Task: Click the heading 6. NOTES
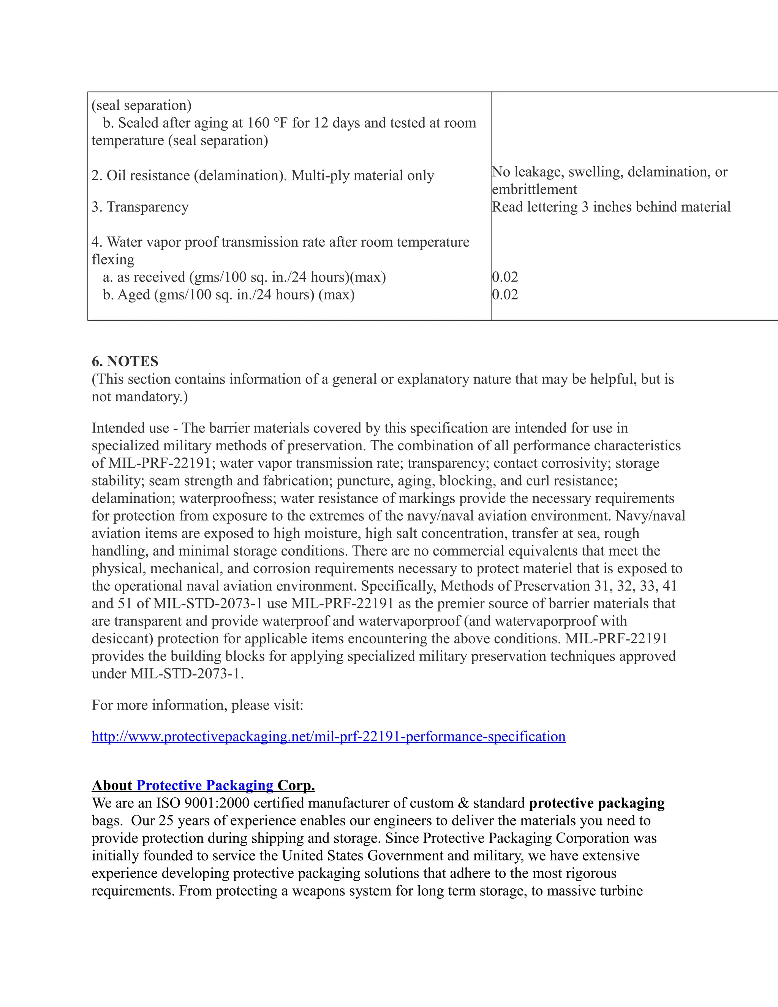pyautogui.click(x=125, y=361)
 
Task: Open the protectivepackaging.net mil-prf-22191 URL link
pyautogui.click(x=328, y=736)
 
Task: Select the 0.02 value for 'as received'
pyautogui.click(x=505, y=277)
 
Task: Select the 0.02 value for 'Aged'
pyautogui.click(x=505, y=294)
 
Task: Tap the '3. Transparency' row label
pyautogui.click(x=140, y=207)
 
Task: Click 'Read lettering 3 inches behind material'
pyautogui.click(x=611, y=207)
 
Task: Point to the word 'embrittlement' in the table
pyautogui.click(x=534, y=190)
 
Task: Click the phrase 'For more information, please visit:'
pyautogui.click(x=197, y=705)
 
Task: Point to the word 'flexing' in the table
pyautogui.click(x=113, y=260)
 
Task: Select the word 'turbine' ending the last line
pyautogui.click(x=621, y=890)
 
